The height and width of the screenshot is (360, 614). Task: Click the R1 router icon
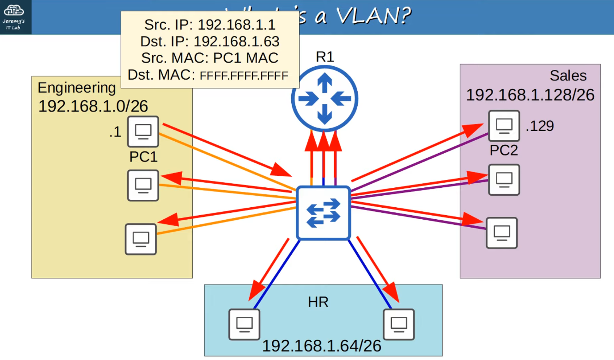[x=324, y=99]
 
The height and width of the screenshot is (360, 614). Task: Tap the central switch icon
[x=323, y=213]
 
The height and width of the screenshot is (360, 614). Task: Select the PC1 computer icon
[x=143, y=131]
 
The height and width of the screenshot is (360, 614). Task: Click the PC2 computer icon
[x=504, y=126]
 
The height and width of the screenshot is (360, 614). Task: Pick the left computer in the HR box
[x=244, y=324]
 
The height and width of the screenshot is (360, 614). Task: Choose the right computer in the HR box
[x=399, y=324]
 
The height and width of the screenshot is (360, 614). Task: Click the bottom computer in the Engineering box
[x=141, y=239]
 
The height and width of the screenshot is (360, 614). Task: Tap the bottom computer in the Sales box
[x=502, y=233]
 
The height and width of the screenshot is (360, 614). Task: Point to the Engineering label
[x=77, y=88]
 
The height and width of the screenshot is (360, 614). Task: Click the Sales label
[x=568, y=76]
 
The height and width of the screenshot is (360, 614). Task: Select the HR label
[x=318, y=302]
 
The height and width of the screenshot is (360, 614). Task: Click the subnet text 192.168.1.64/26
[x=321, y=346]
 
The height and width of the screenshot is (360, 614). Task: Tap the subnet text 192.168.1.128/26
[x=530, y=95]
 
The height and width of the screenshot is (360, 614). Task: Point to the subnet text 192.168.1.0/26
[x=93, y=106]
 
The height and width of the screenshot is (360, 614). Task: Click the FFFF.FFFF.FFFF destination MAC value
[x=244, y=76]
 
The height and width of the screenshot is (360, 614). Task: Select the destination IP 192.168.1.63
[x=236, y=41]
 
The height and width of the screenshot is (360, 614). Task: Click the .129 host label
[x=540, y=126]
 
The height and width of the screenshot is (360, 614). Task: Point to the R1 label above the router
[x=325, y=57]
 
